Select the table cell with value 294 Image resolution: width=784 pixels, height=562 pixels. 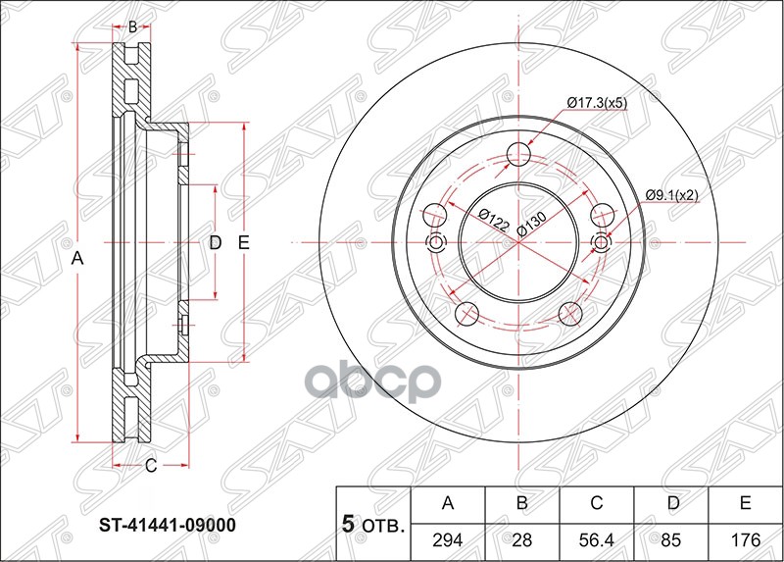pos(449,539)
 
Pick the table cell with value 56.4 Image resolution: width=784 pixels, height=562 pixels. pos(597,539)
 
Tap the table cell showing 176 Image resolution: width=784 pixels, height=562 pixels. pos(745,539)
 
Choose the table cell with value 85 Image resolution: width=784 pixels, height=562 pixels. pos(671,539)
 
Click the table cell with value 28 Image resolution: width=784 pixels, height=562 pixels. pos(522,539)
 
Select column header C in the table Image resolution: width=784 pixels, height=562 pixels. pos(597,504)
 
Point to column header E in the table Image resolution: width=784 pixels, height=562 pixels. pos(745,504)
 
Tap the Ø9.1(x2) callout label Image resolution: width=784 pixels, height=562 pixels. pos(671,195)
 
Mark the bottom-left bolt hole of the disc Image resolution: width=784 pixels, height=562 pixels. pos(468,314)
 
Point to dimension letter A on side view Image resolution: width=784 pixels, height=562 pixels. pos(78,258)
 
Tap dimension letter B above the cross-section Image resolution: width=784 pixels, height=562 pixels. pos(133,27)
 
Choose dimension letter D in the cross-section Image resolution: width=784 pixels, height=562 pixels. pos(216,242)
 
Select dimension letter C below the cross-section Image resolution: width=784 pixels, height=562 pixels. pos(151,466)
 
